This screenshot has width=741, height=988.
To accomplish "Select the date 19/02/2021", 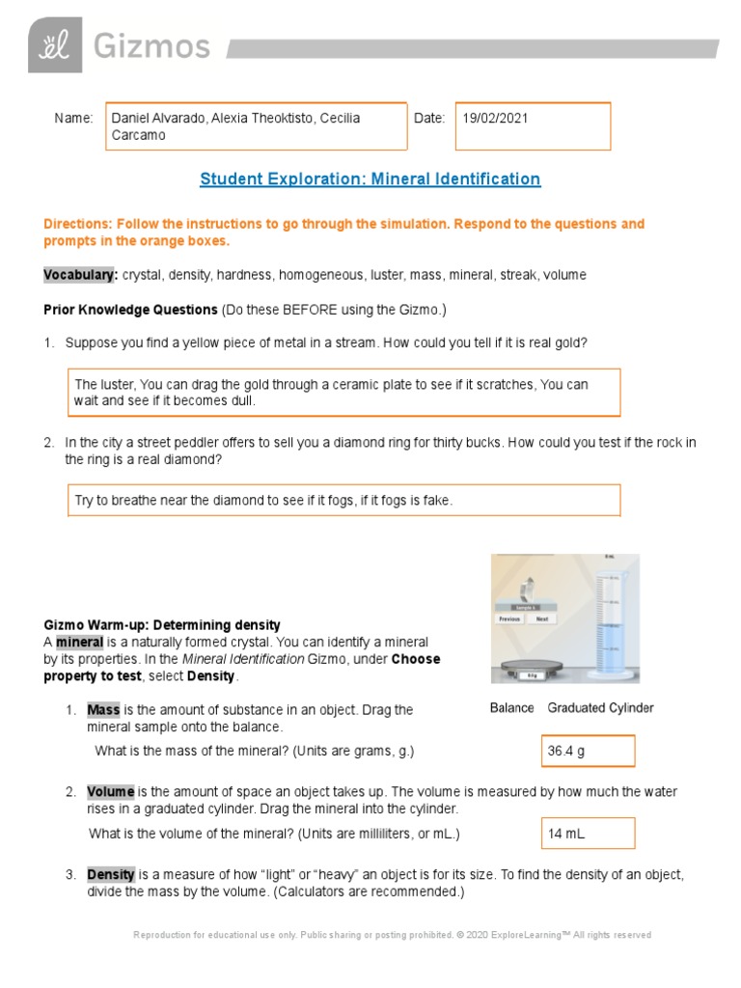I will coord(495,118).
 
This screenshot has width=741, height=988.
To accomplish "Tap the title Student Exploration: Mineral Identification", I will coord(370,178).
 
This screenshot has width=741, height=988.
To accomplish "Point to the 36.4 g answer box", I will coord(588,751).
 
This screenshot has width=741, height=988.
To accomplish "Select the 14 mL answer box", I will coord(588,834).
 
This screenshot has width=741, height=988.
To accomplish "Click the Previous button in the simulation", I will coord(511,618).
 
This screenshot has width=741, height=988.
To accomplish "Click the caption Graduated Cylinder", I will coord(600,708).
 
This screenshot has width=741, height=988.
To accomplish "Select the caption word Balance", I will coord(511,708).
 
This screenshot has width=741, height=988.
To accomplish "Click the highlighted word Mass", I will coord(103,709).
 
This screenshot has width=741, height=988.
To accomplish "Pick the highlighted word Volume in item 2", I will coord(110,791).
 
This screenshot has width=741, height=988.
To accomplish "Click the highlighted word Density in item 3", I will coord(110,874).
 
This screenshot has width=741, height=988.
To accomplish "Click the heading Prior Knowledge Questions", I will coord(130,310).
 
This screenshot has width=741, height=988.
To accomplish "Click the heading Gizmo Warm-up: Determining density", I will coord(162,625).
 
